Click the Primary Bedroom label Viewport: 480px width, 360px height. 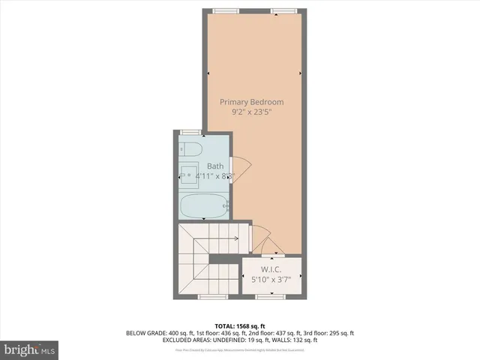point(251,101)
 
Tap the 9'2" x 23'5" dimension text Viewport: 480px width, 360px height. point(251,112)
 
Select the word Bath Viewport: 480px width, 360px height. point(215,166)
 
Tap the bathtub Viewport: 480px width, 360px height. point(202,206)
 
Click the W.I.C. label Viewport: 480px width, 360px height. point(271,269)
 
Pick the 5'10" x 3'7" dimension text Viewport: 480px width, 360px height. point(271,280)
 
